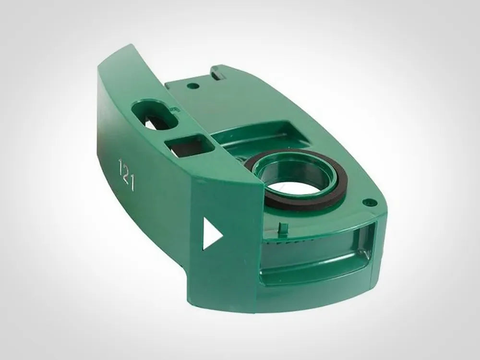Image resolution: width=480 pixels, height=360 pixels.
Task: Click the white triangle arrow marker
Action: [211, 234]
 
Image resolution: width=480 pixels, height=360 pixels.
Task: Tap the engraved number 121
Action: [126, 175]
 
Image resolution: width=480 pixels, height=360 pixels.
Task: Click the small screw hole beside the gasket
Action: [369, 203]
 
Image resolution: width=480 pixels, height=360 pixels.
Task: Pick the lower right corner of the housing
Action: [379, 288]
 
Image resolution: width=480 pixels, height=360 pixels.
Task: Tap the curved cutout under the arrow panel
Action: [216, 288]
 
